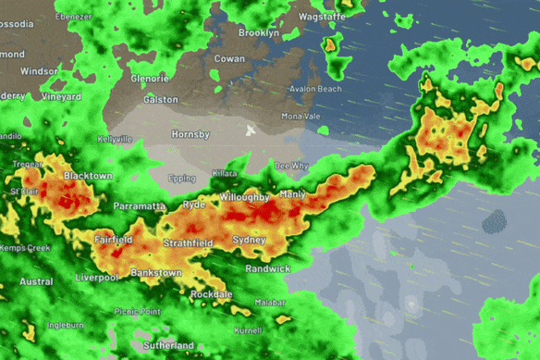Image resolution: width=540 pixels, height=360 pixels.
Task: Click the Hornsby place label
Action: click(x=190, y=134)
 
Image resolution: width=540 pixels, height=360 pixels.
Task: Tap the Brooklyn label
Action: click(x=258, y=32)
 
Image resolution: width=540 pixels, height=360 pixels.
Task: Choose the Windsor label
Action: click(x=39, y=70)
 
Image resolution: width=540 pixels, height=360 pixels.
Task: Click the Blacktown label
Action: click(x=88, y=175)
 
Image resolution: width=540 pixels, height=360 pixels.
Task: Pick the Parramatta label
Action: click(x=140, y=206)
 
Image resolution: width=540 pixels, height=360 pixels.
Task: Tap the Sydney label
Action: click(x=250, y=240)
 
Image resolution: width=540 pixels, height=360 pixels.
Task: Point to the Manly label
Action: click(x=292, y=194)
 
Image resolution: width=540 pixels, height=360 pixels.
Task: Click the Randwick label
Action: click(x=268, y=268)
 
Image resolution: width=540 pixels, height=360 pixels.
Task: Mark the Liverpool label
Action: click(x=97, y=277)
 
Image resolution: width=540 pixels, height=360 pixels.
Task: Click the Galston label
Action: click(x=160, y=99)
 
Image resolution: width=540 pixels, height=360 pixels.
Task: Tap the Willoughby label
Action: click(x=244, y=198)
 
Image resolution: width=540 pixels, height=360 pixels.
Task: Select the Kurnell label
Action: click(x=249, y=329)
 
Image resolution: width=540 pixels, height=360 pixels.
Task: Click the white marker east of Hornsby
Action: click(x=250, y=130)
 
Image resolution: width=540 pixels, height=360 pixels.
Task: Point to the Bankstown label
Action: click(x=155, y=273)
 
